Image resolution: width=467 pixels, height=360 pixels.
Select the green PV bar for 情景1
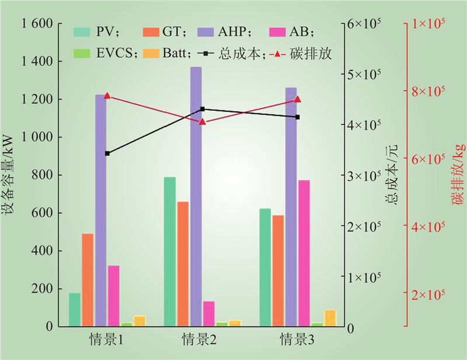point(75,309)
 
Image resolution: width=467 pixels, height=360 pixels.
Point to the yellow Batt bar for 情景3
point(330,318)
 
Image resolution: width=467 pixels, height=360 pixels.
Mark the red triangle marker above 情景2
point(202,121)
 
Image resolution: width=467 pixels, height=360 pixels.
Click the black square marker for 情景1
point(107,153)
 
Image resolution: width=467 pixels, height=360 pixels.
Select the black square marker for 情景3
point(297,117)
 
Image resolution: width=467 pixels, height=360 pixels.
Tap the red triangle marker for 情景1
point(107,96)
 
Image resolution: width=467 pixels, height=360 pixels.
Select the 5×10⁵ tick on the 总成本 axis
point(364,75)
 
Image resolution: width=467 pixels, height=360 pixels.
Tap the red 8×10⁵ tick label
point(428,91)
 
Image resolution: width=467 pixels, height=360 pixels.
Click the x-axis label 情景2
point(199,340)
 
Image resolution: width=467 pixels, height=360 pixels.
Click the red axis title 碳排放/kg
point(456,175)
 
